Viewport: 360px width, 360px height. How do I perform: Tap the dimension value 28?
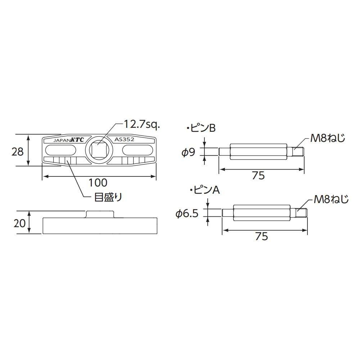click(17, 152)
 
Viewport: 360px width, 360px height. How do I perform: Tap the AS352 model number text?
click(125, 140)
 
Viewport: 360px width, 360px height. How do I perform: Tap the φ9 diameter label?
click(188, 152)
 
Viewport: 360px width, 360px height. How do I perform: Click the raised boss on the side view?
click(100, 214)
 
